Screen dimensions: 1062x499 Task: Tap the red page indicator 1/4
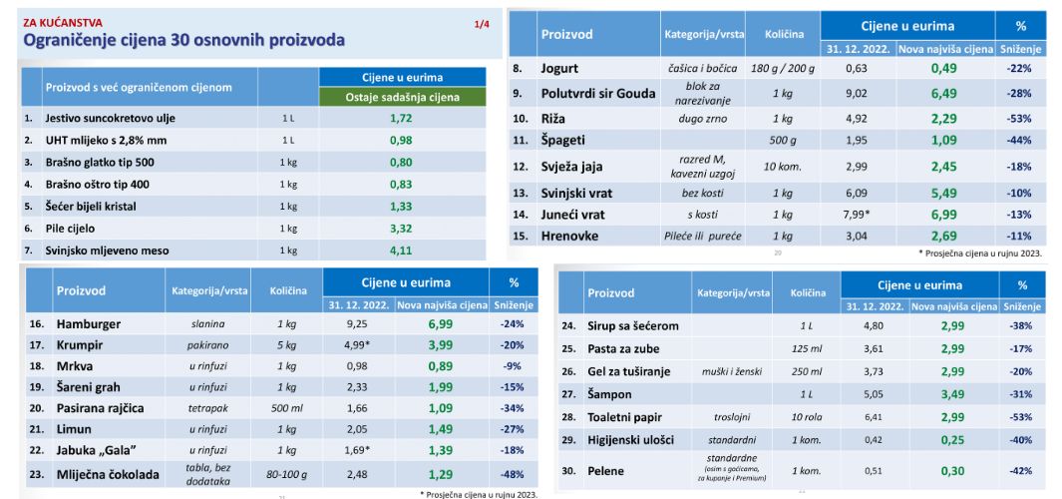point(482,24)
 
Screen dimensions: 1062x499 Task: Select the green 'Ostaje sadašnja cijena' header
point(402,97)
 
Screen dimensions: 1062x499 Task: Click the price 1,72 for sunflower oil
point(401,118)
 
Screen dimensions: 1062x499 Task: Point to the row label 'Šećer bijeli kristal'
point(90,207)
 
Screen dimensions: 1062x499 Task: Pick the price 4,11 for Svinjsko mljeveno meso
point(401,250)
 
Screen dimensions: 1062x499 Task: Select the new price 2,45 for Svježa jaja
point(943,166)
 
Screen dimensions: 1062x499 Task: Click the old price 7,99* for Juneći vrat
point(858,215)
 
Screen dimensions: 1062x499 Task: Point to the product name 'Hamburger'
point(89,324)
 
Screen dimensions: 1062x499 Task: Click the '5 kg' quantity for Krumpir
point(286,345)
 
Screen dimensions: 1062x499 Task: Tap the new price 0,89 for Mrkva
point(440,366)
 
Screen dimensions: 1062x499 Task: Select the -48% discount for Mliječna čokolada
point(512,475)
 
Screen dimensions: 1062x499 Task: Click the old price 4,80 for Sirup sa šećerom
point(874,325)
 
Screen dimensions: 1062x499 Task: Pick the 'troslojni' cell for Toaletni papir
point(732,417)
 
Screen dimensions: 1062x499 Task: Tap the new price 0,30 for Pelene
point(952,471)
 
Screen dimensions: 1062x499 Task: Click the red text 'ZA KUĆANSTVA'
point(54,23)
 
